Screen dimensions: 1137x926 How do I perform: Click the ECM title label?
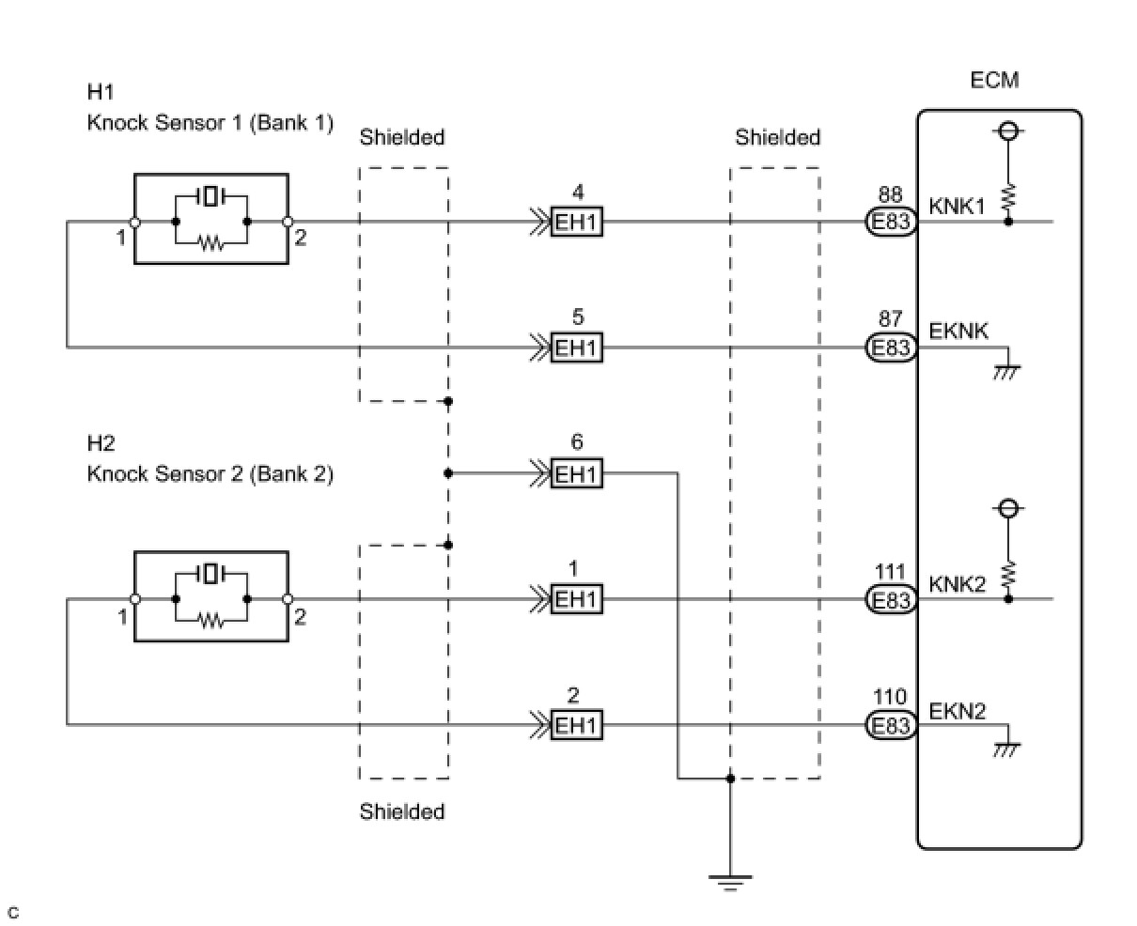994,80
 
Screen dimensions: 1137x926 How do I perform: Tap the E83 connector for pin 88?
891,222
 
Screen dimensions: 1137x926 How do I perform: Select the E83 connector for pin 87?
891,347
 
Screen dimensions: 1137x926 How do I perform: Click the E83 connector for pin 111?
891,599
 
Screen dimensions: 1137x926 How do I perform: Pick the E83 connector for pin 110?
891,725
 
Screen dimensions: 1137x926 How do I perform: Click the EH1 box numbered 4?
577,222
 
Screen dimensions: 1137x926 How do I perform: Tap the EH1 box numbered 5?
577,347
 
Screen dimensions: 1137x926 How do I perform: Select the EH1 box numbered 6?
577,473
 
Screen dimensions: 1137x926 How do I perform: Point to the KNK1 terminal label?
957,206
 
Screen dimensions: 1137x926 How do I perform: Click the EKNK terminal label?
958,332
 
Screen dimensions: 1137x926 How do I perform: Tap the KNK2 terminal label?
958,584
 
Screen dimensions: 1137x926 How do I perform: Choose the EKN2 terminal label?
958,711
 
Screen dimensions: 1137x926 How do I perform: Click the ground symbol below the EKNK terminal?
1007,372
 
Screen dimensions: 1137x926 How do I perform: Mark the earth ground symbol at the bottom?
730,883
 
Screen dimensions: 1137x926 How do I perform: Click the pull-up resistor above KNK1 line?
1008,197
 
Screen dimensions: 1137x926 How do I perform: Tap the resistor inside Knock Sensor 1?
211,244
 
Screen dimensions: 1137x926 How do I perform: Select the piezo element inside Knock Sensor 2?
211,574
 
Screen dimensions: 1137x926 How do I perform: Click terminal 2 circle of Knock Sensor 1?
288,222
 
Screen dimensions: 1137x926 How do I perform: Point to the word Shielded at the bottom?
402,811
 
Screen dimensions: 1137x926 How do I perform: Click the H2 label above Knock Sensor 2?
101,442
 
